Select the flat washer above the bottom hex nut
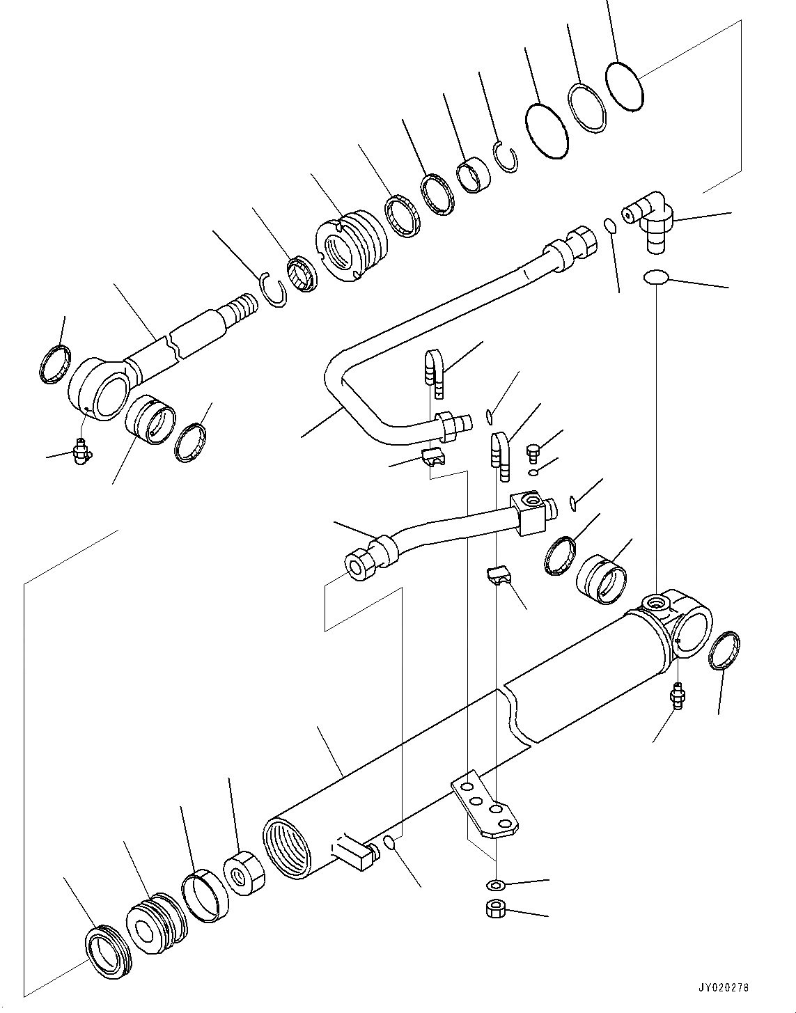pyautogui.click(x=494, y=885)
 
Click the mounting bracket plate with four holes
pyautogui.click(x=485, y=806)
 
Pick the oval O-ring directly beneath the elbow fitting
pyautogui.click(x=656, y=277)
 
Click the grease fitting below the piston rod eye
pyautogui.click(x=81, y=450)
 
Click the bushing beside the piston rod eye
pyautogui.click(x=151, y=427)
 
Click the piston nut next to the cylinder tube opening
pyautogui.click(x=244, y=873)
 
